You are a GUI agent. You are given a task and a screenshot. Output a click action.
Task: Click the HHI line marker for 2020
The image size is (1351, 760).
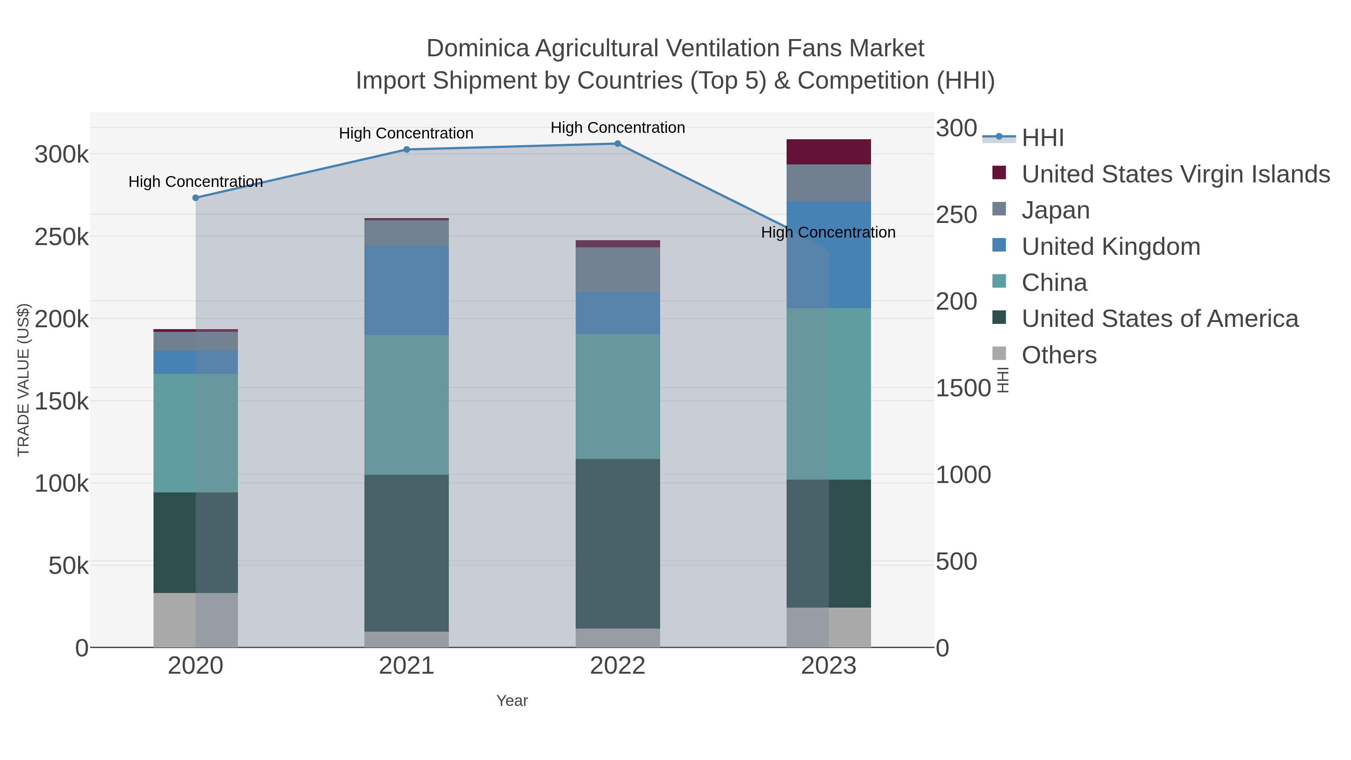(196, 198)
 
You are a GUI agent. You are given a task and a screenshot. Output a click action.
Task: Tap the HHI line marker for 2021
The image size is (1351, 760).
(406, 149)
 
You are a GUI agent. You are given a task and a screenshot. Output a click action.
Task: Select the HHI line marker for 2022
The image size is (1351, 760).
(617, 144)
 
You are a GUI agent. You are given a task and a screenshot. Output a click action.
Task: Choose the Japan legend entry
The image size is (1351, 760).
(1055, 210)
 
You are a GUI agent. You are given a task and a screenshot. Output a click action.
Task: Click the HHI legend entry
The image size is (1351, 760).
(1043, 138)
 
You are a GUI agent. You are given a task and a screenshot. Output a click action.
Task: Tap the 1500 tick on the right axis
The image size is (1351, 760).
(963, 388)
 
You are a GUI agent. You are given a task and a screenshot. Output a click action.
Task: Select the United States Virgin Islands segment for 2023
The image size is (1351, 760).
(829, 152)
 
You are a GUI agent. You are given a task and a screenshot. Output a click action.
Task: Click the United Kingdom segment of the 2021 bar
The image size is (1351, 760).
(406, 290)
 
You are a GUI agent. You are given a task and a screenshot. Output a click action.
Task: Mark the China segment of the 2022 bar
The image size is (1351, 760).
(617, 397)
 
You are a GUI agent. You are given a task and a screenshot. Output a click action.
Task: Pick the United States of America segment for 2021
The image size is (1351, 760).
(406, 553)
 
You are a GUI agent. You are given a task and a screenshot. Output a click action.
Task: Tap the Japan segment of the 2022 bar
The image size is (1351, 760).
(617, 269)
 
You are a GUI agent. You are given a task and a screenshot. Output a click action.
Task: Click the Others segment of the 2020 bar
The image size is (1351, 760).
(196, 620)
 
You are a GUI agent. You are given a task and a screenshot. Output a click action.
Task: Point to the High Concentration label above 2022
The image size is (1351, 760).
(617, 128)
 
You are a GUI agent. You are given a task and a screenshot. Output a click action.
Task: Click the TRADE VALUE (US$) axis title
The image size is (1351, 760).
(24, 380)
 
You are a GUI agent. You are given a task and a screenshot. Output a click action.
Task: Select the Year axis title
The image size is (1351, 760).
(512, 701)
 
